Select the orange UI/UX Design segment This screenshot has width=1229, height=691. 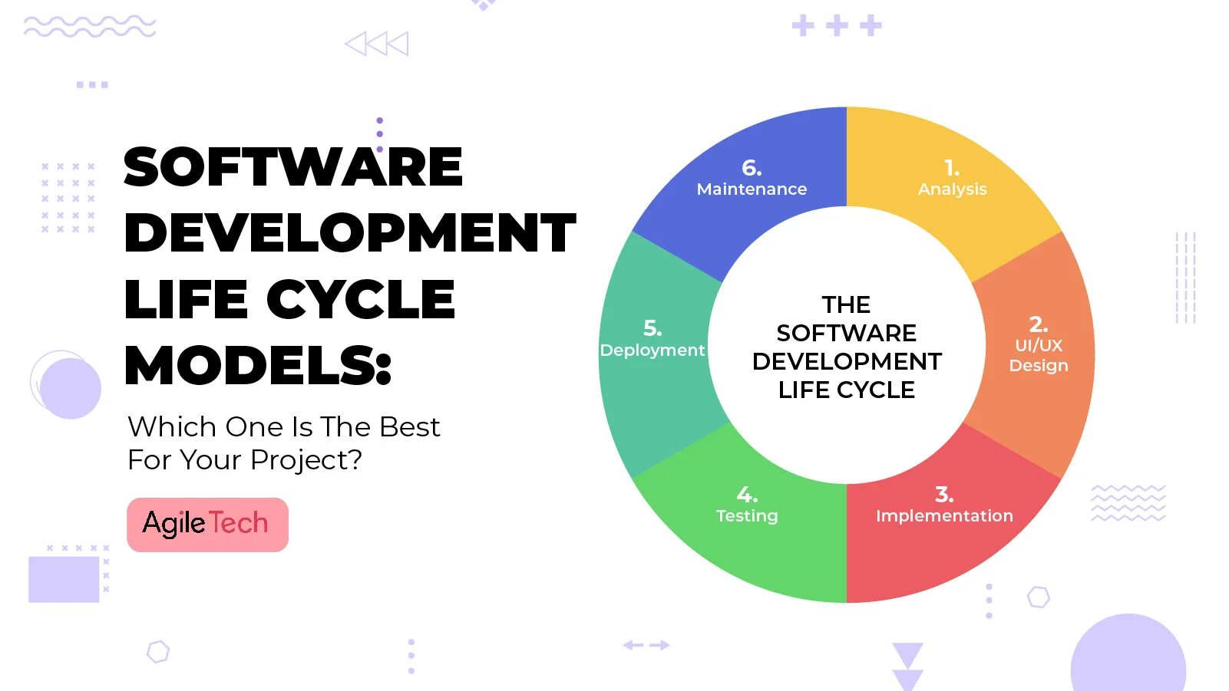tap(1036, 353)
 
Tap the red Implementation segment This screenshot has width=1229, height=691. tap(944, 529)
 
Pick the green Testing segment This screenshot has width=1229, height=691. tap(745, 529)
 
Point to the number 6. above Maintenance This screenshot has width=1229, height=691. tap(752, 168)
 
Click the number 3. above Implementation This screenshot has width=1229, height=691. tap(944, 495)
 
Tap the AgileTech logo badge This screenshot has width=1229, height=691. tap(207, 525)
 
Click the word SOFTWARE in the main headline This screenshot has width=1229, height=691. tap(293, 167)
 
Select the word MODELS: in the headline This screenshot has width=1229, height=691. tap(258, 365)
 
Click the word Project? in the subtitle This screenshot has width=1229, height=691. tap(306, 460)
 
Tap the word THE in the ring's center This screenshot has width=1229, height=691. tap(846, 304)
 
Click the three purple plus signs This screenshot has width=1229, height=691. tap(837, 25)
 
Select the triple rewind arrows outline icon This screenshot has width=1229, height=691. tap(376, 44)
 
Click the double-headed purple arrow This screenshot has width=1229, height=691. tap(646, 645)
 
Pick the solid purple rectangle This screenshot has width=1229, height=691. tap(64, 579)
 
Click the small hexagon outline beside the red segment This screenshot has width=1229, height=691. tap(1039, 597)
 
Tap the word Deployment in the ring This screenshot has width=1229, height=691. tap(652, 350)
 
